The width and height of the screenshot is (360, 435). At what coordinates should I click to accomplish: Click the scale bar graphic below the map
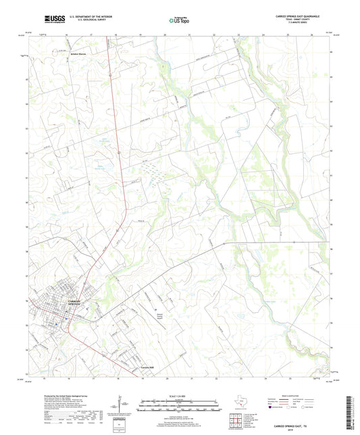[x=180, y=407]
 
